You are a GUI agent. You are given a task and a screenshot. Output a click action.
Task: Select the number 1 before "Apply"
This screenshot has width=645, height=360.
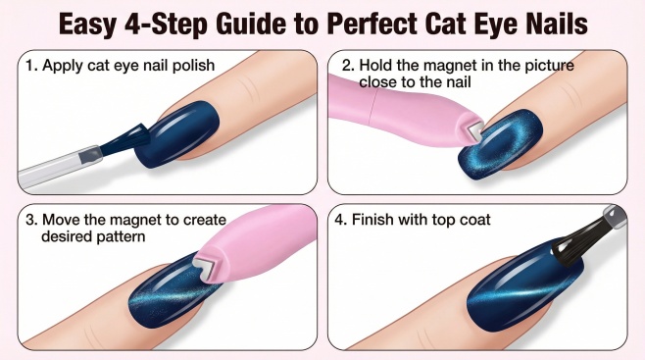tap(28, 66)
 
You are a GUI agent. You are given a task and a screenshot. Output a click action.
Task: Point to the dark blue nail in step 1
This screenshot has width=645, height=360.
tap(177, 132)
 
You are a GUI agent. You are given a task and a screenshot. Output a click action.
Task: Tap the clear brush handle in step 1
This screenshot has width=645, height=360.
tap(60, 168)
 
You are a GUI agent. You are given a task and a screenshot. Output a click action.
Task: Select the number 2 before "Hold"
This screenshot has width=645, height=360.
tap(347, 66)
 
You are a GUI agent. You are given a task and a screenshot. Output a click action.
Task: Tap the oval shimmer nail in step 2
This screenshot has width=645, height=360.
tap(501, 144)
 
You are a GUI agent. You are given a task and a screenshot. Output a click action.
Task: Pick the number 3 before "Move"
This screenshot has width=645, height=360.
tap(29, 220)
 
